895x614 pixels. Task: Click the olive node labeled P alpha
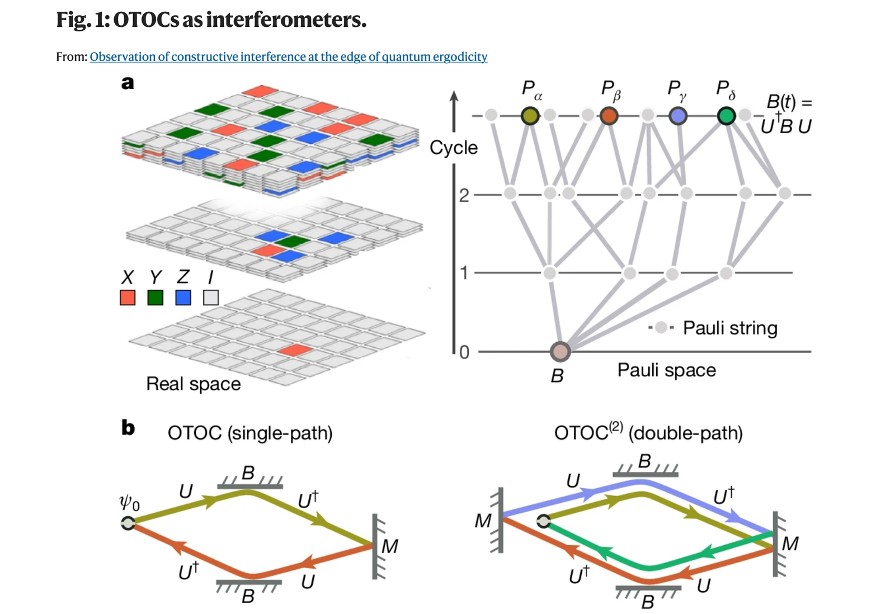[530, 116]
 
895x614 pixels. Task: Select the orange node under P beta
[609, 116]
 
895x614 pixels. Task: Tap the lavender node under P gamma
[678, 116]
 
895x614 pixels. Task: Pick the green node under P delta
[726, 116]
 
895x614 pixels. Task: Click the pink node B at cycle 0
[560, 351]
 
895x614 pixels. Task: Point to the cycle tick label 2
[464, 195]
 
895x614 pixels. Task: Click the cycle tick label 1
[464, 273]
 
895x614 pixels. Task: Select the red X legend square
[128, 297]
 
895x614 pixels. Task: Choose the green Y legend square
[155, 297]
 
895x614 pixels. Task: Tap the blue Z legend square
[183, 297]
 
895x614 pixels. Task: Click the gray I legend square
[211, 297]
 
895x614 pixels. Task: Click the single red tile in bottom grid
[295, 350]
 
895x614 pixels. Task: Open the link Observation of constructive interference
[288, 56]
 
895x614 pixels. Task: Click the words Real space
[193, 384]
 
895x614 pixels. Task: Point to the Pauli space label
[666, 370]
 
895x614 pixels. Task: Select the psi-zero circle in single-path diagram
[128, 523]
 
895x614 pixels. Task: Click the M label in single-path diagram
[390, 546]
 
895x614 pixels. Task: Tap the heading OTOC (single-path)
[250, 433]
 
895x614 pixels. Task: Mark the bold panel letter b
[128, 428]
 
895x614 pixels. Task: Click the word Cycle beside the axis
[454, 148]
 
